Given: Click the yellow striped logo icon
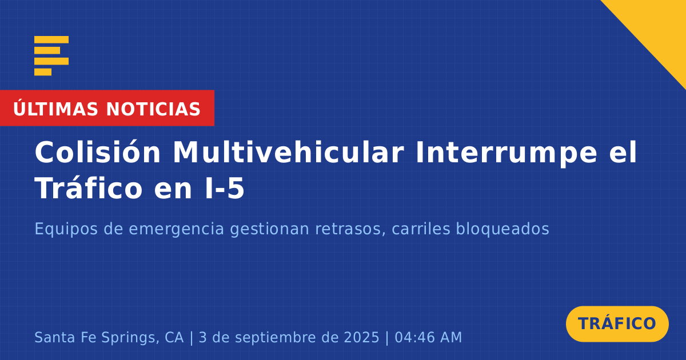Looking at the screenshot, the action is (x=51, y=56).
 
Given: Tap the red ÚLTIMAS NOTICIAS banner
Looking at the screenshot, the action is (x=107, y=108).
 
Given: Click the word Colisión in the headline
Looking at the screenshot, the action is (x=98, y=153).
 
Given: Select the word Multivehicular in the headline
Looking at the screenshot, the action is (x=289, y=153).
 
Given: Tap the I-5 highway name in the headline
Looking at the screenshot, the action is (x=225, y=189).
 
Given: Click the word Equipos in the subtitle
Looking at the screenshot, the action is (x=66, y=230).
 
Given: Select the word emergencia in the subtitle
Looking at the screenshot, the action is (x=177, y=230).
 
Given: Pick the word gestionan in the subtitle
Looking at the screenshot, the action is (x=269, y=230).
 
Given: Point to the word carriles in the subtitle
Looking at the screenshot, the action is (x=421, y=229).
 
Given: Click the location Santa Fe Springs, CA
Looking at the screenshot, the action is (x=109, y=338).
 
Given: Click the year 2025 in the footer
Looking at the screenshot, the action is (x=362, y=337).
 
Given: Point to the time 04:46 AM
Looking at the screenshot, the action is (x=428, y=337).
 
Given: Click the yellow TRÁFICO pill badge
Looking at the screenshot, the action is (x=617, y=324).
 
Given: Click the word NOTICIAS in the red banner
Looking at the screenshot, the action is (x=153, y=109).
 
